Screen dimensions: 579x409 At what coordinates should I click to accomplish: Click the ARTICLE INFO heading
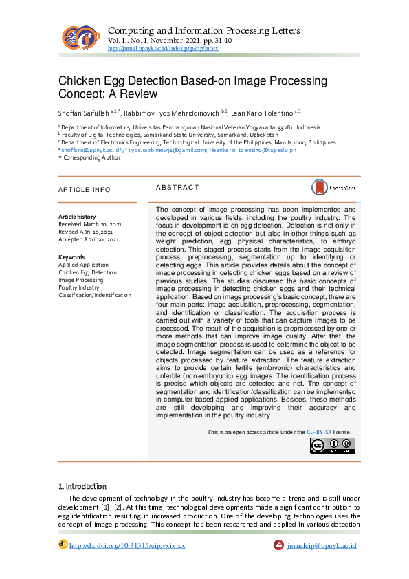click(84, 189)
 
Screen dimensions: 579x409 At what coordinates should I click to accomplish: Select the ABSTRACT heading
click(177, 187)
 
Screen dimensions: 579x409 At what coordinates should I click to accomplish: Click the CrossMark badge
click(333, 187)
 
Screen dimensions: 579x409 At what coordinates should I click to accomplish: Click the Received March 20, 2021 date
click(90, 224)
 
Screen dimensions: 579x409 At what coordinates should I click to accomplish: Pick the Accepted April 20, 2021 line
click(89, 239)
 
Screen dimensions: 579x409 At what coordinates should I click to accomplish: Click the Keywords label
click(71, 257)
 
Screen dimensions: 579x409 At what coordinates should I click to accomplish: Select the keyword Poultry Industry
click(79, 287)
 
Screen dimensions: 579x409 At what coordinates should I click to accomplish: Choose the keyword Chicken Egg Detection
click(87, 272)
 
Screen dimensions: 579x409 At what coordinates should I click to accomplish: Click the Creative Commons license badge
click(331, 446)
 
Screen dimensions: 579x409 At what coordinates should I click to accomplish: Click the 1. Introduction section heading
click(82, 486)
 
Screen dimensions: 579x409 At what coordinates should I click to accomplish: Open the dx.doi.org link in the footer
click(128, 545)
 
